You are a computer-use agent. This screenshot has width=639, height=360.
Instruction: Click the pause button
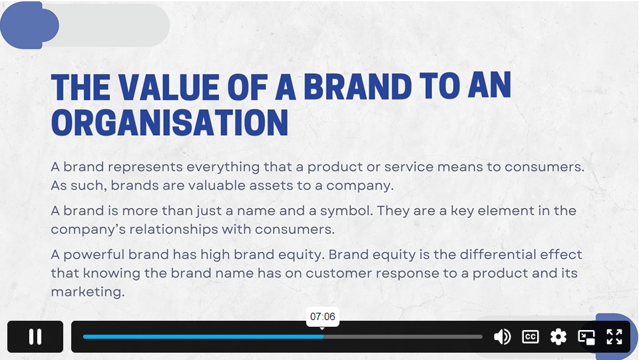pos(35,337)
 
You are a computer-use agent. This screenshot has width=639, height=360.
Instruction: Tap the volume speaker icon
pos(502,337)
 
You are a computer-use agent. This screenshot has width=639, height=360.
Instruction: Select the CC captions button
pos(531,337)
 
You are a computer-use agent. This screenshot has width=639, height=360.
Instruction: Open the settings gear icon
pos(558,337)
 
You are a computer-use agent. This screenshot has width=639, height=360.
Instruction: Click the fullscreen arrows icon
pos(614,337)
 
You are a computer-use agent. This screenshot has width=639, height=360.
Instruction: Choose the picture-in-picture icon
pos(586,337)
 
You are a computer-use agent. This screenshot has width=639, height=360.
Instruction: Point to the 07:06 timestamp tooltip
pos(322,317)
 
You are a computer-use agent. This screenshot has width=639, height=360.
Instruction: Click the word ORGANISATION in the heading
pos(170,122)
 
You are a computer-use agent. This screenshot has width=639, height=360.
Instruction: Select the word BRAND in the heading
pos(357,87)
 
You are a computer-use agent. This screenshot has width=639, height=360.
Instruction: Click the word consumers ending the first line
pos(544,167)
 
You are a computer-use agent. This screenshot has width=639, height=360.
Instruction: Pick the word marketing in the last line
pos(88,292)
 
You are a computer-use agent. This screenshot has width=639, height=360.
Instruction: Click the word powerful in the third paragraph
pos(94,255)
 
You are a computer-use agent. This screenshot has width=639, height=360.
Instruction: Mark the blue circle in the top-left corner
pos(29,25)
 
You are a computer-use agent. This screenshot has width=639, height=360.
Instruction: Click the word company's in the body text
pos(88,230)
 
